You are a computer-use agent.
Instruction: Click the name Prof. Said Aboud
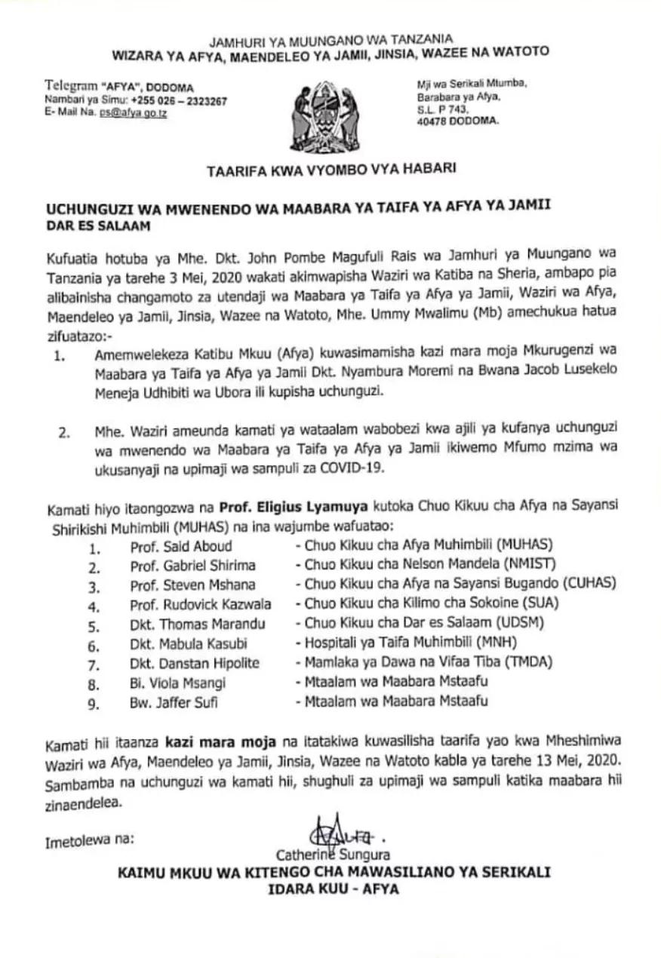(x=181, y=545)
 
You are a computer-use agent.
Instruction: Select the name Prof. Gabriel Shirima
(x=192, y=565)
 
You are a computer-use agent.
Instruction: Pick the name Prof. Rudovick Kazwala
(x=201, y=604)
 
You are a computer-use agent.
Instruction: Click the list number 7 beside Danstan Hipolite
(x=94, y=664)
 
